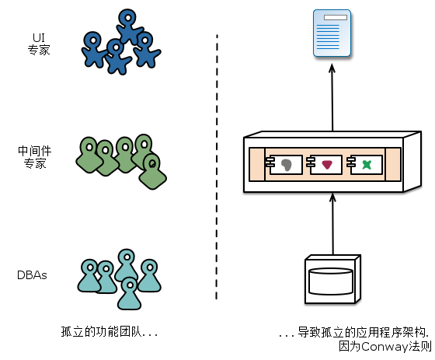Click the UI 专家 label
tap(38, 44)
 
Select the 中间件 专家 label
tap(35, 158)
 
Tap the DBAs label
tap(33, 275)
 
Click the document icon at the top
tap(332, 33)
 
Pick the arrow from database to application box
tap(332, 225)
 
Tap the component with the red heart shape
tap(327, 164)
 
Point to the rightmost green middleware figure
tap(151, 171)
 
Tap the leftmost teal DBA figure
tap(92, 275)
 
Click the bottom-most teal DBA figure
tap(129, 293)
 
